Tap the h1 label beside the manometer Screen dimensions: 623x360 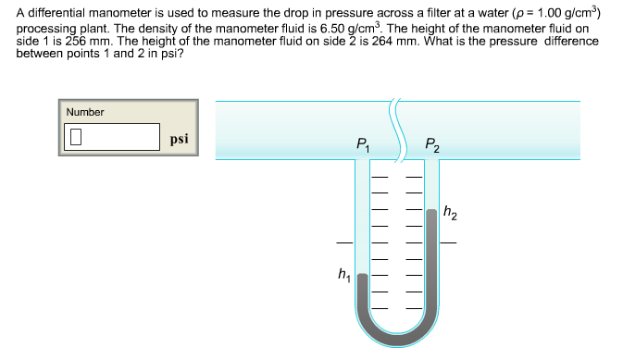pos(344,274)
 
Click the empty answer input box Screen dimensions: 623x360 pos(112,137)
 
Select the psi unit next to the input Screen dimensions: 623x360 pos(180,139)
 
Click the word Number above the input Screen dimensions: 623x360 pos(85,112)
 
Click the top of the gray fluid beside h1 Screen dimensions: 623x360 pos(362,275)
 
